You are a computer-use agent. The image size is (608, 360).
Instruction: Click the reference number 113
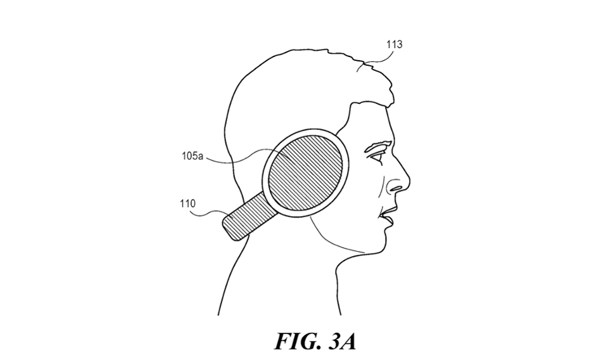tap(394, 45)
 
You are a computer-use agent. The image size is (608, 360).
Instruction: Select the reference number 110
tap(187, 204)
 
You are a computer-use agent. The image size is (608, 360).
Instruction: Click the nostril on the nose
tap(393, 187)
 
